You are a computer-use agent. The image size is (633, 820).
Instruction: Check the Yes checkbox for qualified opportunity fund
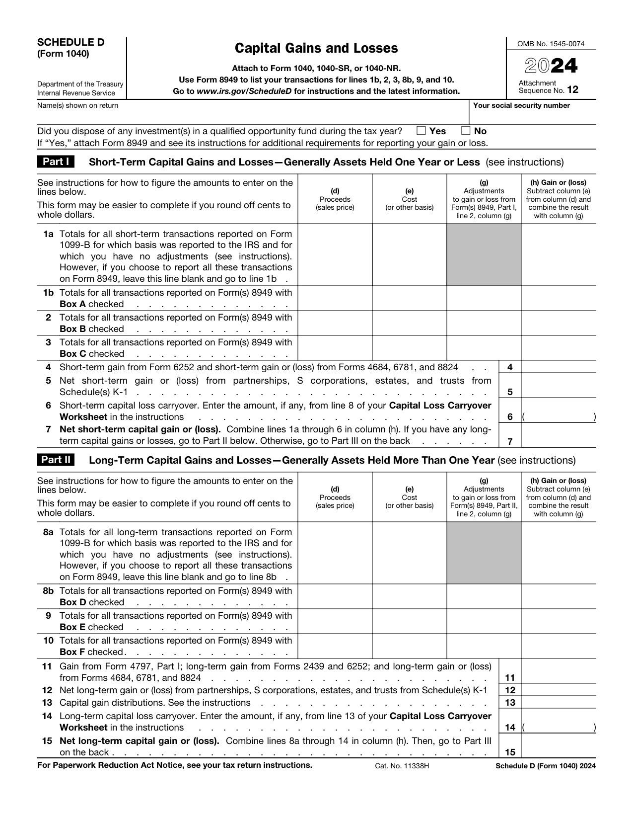(421, 131)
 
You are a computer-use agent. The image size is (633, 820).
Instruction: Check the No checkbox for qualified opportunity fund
(466, 131)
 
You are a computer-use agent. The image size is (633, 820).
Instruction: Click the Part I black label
(56, 162)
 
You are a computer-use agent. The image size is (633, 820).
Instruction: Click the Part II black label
(56, 460)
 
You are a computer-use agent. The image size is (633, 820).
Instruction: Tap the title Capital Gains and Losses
(316, 48)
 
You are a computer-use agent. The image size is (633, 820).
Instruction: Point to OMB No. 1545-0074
(551, 44)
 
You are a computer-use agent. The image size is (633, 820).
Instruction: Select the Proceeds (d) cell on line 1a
(335, 254)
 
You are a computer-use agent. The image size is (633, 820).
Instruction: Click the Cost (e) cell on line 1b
(409, 298)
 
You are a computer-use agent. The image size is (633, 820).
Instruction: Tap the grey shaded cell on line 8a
(484, 553)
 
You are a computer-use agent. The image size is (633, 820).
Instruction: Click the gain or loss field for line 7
(559, 436)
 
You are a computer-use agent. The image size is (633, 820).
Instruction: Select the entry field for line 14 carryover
(559, 727)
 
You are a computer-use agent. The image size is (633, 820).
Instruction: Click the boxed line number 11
(510, 677)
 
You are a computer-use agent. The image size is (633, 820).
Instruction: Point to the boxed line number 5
(510, 392)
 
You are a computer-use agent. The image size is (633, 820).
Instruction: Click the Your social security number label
(521, 105)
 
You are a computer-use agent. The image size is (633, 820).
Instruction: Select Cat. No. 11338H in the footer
(402, 766)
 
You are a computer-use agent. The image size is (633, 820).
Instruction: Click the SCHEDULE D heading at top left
(71, 42)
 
